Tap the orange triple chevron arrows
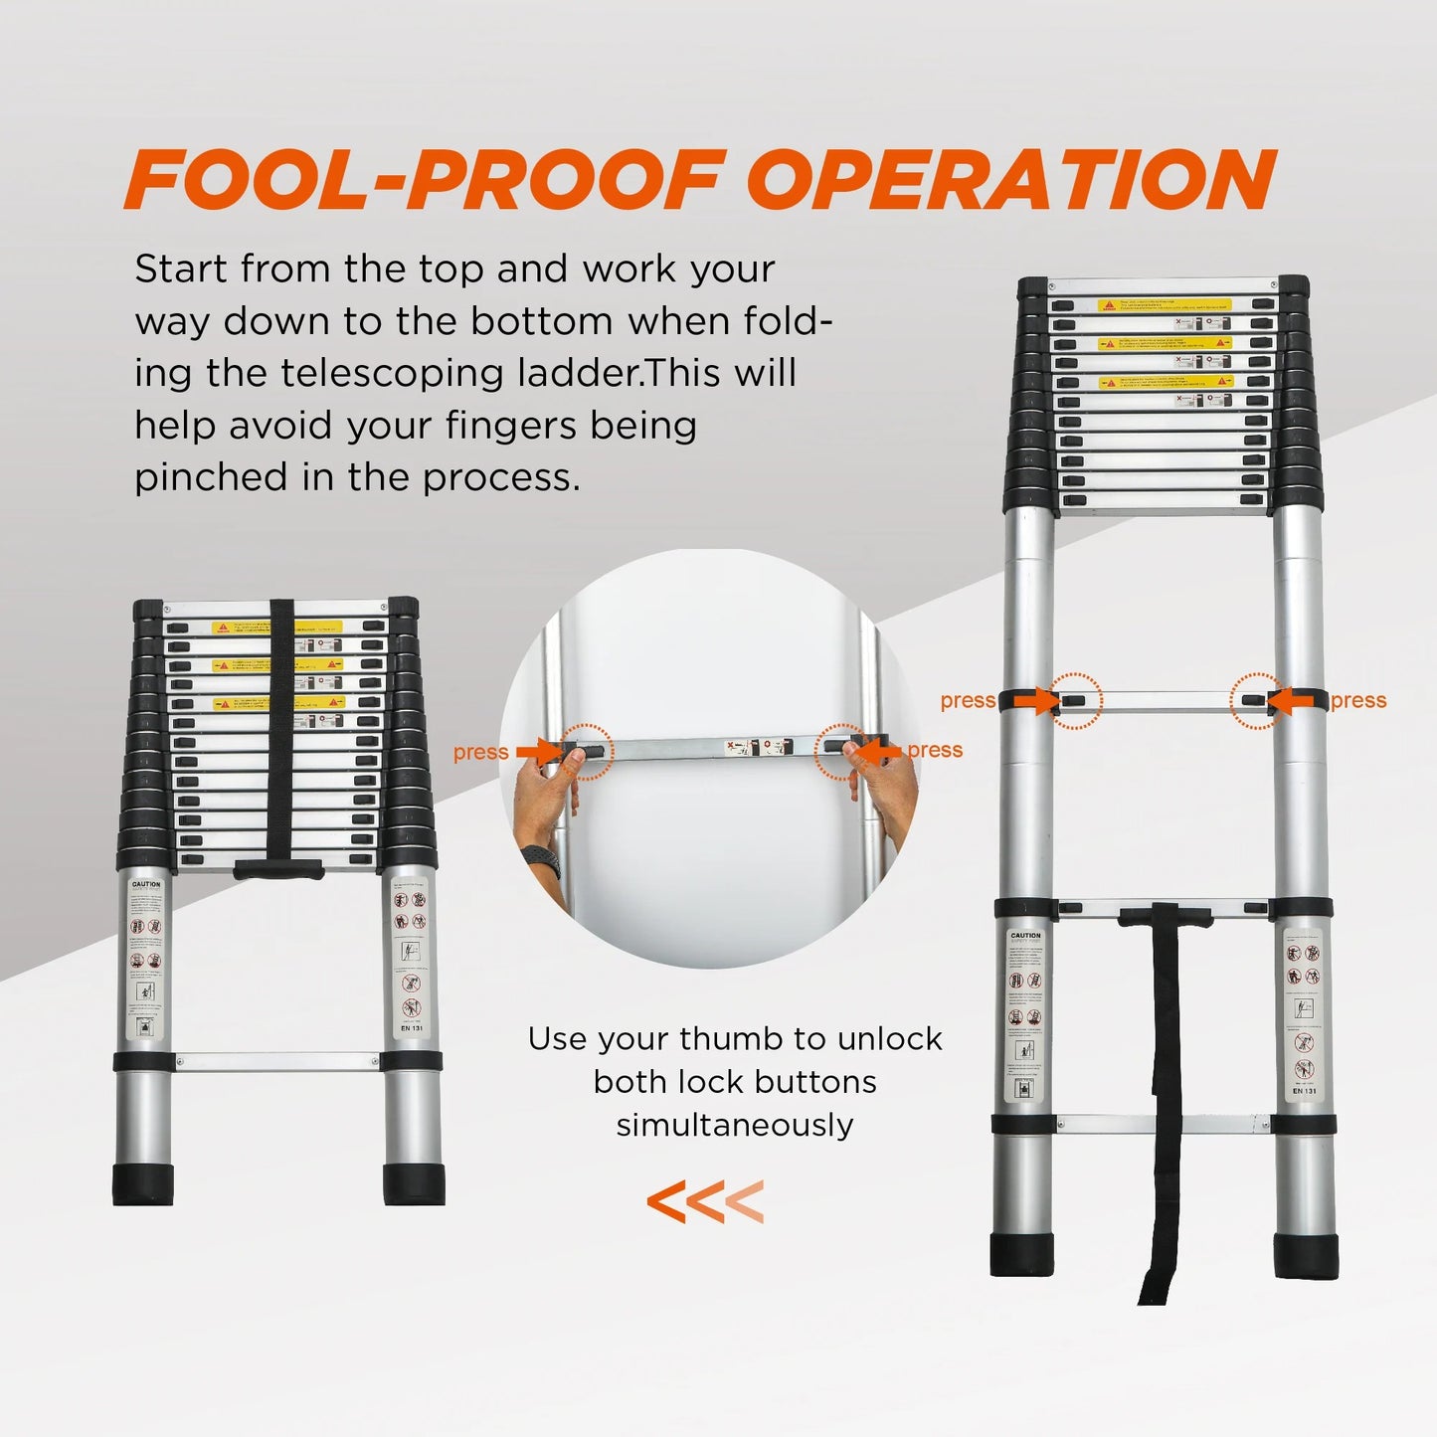click(x=705, y=1201)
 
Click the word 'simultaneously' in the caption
click(x=735, y=1126)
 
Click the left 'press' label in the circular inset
click(x=480, y=753)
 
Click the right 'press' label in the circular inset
click(x=935, y=750)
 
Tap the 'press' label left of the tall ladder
click(x=968, y=701)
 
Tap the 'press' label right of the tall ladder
click(x=1358, y=701)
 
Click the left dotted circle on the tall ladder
click(x=1075, y=701)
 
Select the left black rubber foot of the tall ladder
click(x=1021, y=1255)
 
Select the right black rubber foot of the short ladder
click(x=414, y=1183)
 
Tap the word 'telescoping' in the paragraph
click(x=438, y=373)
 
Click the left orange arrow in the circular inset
click(x=538, y=752)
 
